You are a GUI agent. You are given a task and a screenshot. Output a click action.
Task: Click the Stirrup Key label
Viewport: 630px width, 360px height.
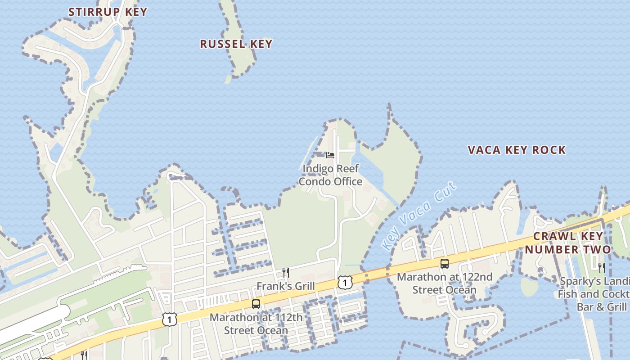coord(108,12)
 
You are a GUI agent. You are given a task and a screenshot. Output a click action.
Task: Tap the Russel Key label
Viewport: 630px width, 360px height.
coord(236,44)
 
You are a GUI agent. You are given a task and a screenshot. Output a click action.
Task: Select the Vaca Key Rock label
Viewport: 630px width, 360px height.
coord(517,150)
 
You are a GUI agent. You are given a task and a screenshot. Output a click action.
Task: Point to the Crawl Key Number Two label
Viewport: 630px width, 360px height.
coord(568,243)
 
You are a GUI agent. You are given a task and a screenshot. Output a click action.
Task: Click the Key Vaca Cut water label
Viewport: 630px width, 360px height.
coord(418,216)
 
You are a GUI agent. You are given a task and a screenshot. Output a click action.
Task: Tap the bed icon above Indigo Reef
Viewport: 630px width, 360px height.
coord(330,155)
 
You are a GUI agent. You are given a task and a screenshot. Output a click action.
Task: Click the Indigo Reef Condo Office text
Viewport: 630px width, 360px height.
coord(331,175)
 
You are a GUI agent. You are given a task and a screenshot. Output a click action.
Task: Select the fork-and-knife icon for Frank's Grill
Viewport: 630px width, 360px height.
coord(285,272)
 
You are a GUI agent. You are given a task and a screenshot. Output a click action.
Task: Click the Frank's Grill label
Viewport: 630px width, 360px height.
coord(285,286)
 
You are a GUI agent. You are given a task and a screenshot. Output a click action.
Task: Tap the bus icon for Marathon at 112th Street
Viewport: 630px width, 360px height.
coord(256,304)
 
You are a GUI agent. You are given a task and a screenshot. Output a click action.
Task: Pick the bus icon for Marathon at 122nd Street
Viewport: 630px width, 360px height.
coord(445,264)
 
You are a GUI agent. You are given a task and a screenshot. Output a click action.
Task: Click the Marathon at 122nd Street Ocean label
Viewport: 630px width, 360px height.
coord(444,283)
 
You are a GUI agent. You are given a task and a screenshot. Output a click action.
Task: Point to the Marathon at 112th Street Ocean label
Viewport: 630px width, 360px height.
coord(256,324)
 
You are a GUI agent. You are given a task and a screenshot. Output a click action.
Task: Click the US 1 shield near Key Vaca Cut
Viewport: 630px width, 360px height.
coord(345,283)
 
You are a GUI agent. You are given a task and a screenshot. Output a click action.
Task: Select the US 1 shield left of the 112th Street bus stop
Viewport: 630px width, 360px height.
coord(169,319)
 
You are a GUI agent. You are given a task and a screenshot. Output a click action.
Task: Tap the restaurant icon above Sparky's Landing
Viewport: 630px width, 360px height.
coord(601,268)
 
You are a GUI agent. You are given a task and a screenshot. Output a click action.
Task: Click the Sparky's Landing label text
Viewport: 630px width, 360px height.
coord(594,294)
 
